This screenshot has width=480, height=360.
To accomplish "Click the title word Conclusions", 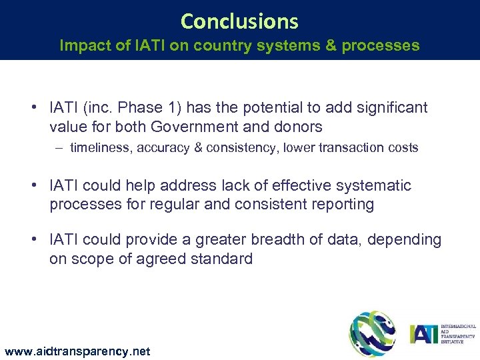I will click(x=239, y=22).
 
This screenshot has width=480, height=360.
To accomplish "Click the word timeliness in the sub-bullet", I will click(x=100, y=148).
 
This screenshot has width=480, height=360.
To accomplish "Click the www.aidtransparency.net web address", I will click(x=77, y=351).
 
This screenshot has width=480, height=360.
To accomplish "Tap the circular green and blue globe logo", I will click(x=373, y=333).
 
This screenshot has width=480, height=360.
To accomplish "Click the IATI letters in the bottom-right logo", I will click(x=423, y=333).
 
